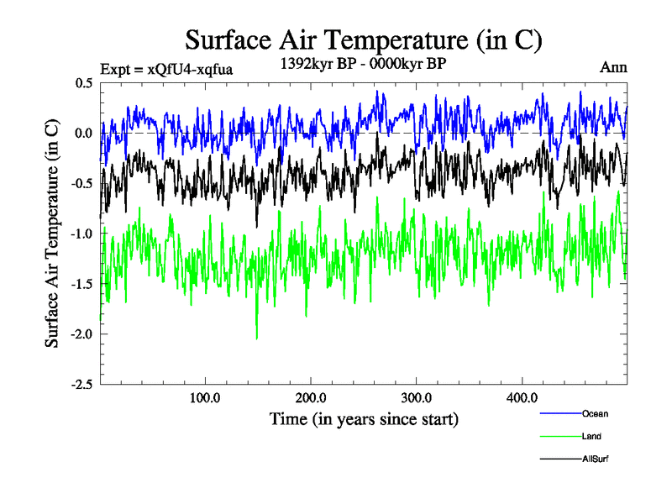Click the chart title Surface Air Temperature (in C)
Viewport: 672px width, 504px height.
point(363,39)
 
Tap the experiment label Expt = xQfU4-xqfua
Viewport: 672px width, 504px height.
point(165,69)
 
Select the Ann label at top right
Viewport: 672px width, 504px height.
point(613,68)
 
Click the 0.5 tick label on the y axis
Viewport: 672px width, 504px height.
point(83,83)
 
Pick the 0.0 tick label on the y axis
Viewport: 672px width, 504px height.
point(83,134)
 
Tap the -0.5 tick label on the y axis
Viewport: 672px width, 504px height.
point(81,184)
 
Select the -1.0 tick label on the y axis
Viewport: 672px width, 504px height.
point(81,234)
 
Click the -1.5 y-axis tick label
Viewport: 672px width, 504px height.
point(81,284)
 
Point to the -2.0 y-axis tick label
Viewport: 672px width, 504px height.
point(81,334)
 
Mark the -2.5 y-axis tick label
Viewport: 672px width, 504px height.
point(81,385)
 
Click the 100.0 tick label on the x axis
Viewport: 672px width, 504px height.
point(206,396)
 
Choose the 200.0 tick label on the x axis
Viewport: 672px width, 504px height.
point(311,396)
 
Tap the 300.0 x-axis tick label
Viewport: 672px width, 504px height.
point(417,396)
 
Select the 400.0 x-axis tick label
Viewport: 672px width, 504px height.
point(522,396)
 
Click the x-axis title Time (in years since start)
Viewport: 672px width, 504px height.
point(364,418)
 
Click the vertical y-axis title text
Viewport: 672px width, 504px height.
point(52,234)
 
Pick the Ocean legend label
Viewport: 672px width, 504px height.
point(595,414)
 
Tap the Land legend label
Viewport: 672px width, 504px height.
point(591,437)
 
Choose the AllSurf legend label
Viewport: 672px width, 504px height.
point(596,459)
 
